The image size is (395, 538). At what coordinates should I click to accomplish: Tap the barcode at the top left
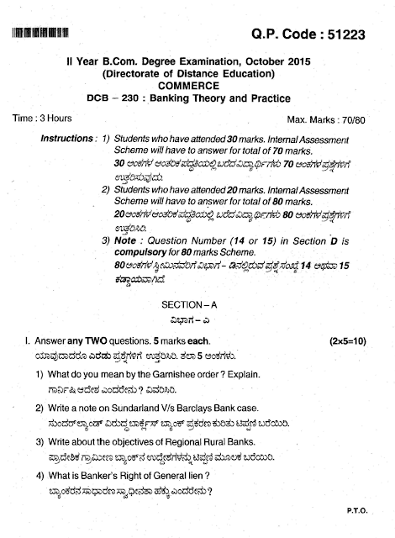pos(42,34)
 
